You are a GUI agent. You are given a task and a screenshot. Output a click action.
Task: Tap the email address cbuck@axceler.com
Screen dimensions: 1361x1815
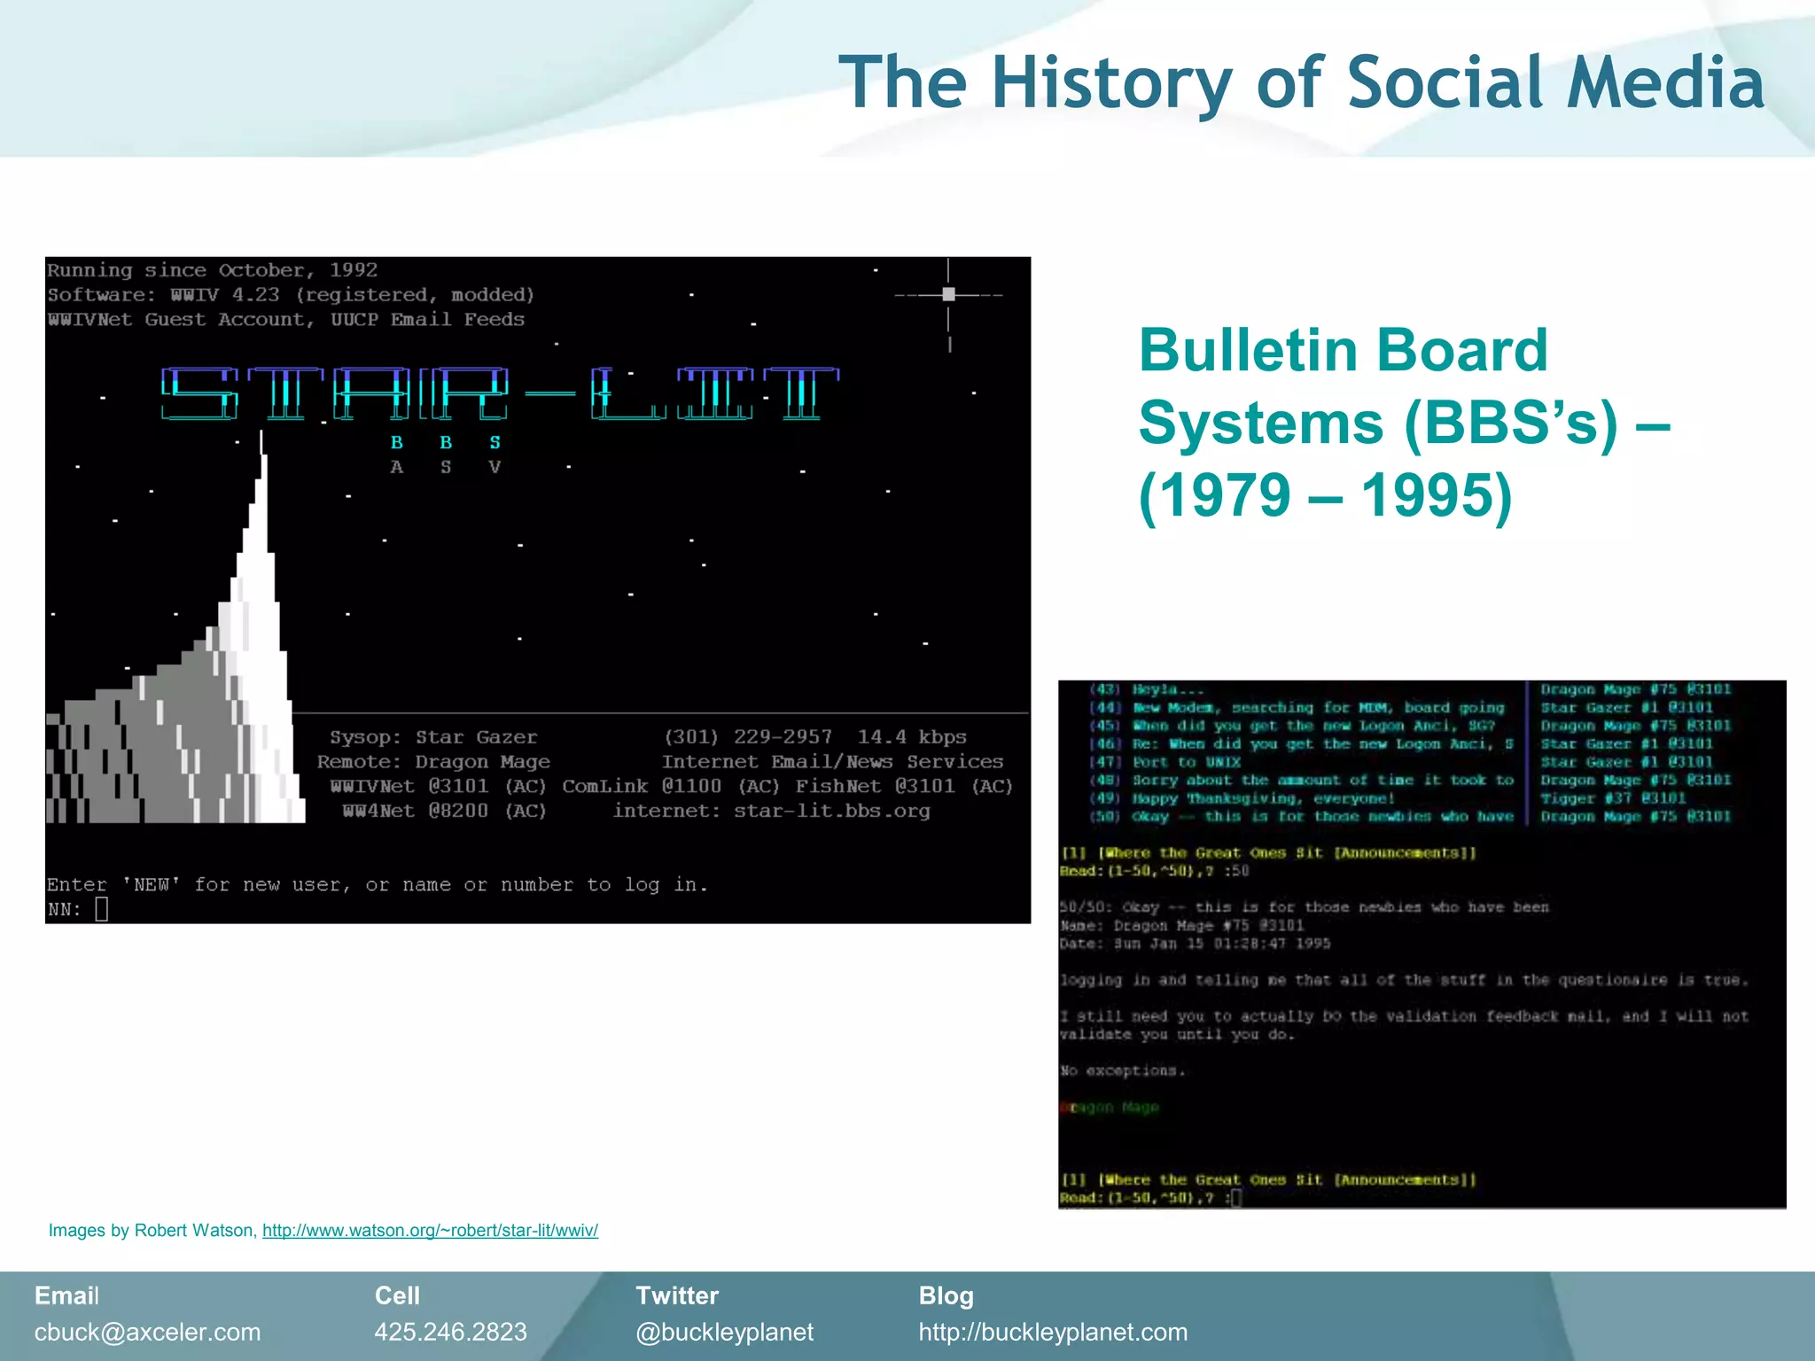click(147, 1332)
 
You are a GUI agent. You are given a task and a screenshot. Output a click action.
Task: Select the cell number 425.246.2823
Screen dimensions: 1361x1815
click(450, 1332)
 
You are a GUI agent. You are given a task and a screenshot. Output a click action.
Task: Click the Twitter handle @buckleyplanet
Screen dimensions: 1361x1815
click(724, 1332)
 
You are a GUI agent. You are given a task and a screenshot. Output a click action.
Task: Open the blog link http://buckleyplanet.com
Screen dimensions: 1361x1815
click(1053, 1332)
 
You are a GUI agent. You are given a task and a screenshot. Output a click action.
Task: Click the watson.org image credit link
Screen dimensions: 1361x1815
click(430, 1230)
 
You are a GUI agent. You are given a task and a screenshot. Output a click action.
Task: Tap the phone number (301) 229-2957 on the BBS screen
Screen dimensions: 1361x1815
click(748, 736)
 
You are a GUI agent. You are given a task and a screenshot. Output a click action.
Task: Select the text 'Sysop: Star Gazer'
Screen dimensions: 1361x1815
click(433, 737)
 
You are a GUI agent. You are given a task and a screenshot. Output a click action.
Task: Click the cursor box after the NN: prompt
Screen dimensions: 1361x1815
click(101, 909)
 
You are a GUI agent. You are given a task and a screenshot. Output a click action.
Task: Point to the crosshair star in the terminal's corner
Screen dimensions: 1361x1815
click(948, 294)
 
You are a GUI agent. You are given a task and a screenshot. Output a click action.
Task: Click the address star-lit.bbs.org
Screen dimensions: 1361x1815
click(831, 811)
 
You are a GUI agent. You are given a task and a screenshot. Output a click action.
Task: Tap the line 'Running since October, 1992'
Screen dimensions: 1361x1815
click(212, 270)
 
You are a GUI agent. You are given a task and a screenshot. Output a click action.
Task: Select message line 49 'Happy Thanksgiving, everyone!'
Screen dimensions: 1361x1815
click(1263, 798)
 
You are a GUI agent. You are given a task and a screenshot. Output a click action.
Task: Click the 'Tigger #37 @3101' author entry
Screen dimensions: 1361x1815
click(1612, 798)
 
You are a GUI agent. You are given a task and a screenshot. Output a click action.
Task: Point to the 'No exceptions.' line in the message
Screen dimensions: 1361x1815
click(1122, 1070)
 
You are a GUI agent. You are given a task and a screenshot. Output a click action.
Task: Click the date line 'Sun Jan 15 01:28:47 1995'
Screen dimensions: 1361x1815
click(1221, 944)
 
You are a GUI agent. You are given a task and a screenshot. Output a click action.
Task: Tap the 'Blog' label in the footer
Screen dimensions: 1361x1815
click(946, 1295)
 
